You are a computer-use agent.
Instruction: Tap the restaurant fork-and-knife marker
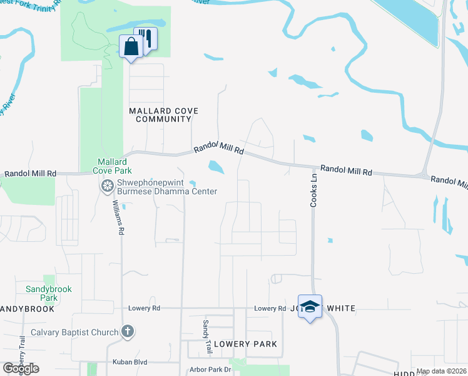click(x=147, y=39)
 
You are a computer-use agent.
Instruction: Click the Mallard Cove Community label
click(x=163, y=115)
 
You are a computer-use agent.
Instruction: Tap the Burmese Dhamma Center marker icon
click(x=107, y=186)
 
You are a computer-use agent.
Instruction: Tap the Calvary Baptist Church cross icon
click(x=127, y=332)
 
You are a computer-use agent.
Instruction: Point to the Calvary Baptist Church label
click(x=74, y=332)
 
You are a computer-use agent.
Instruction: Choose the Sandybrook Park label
click(x=49, y=293)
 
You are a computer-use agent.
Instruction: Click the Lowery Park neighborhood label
click(x=245, y=344)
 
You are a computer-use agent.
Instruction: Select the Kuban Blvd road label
click(x=130, y=362)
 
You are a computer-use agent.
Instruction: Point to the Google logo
click(x=21, y=368)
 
